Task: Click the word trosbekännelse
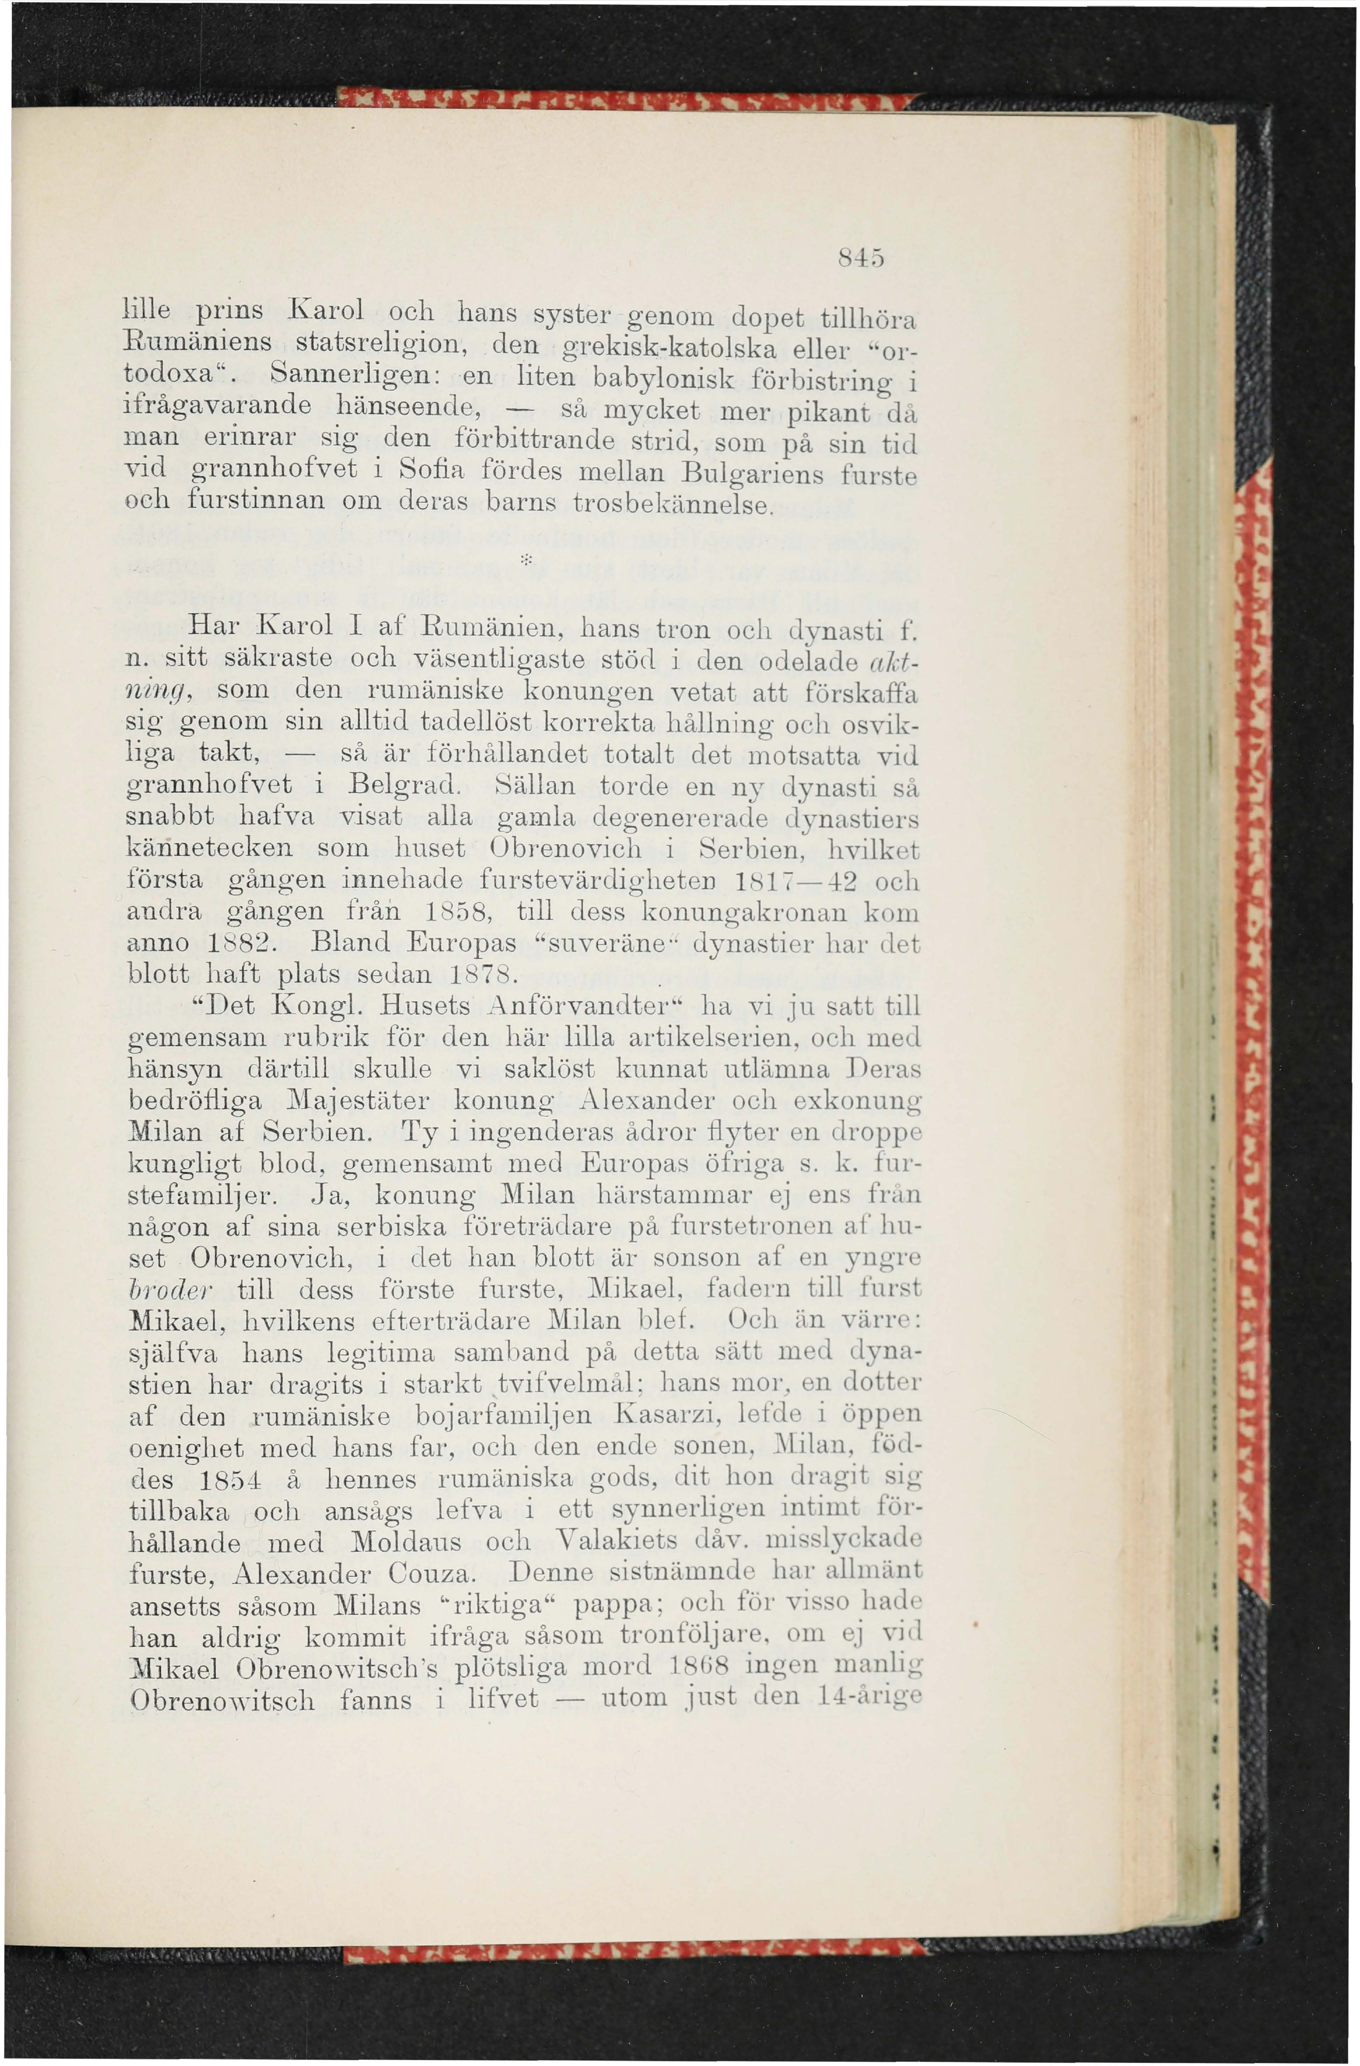coord(672,504)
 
